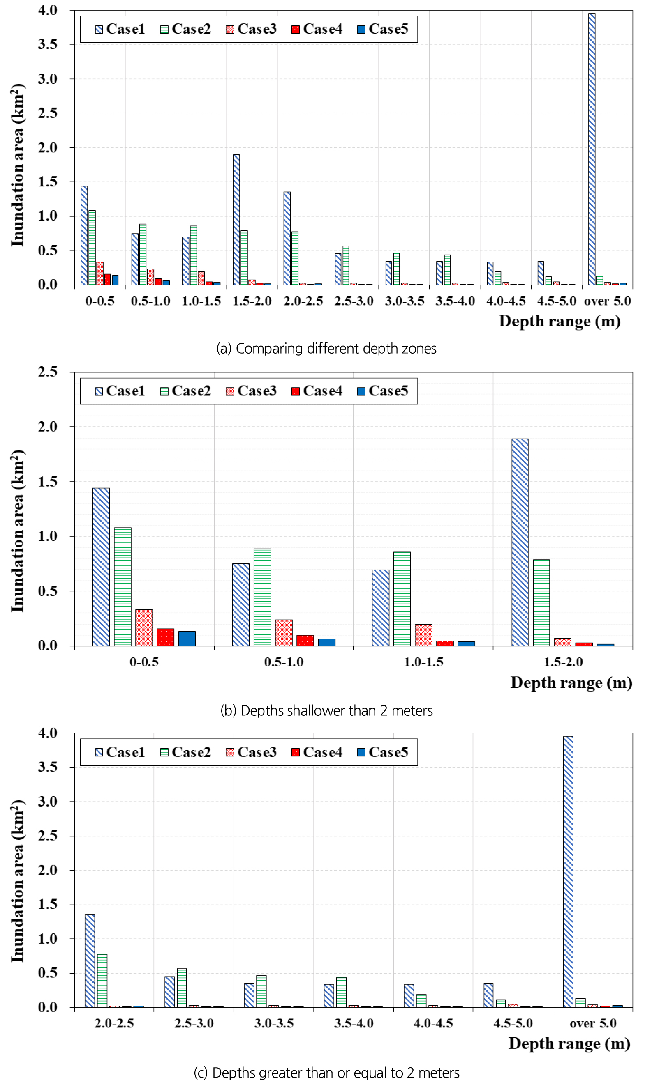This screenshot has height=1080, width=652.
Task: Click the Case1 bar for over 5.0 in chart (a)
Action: pyautogui.click(x=592, y=149)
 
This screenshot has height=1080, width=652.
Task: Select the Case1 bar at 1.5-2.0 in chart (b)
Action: pyautogui.click(x=520, y=542)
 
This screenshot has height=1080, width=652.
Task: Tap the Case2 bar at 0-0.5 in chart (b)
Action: pyautogui.click(x=123, y=586)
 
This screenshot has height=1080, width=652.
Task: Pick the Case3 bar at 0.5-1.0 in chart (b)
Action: pyautogui.click(x=283, y=632)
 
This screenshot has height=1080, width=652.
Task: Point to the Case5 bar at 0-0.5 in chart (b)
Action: pyautogui.click(x=187, y=638)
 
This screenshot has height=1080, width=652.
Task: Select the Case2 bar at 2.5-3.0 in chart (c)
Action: pyautogui.click(x=182, y=988)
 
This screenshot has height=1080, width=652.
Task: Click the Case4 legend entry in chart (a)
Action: pyautogui.click(x=317, y=29)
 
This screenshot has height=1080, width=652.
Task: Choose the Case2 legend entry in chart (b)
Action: pyautogui.click(x=185, y=391)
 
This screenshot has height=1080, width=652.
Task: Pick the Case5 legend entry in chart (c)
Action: pyautogui.click(x=383, y=752)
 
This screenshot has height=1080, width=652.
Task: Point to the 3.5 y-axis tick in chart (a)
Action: pyautogui.click(x=47, y=44)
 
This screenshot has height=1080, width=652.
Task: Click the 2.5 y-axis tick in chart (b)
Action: pyautogui.click(x=47, y=372)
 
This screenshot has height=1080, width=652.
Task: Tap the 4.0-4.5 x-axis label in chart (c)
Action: pyautogui.click(x=433, y=1023)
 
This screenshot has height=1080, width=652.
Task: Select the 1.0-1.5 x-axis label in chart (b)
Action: pyautogui.click(x=423, y=662)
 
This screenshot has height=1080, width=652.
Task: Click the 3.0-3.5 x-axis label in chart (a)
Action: pyautogui.click(x=404, y=301)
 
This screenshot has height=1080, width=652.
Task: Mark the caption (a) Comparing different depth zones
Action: pyautogui.click(x=326, y=349)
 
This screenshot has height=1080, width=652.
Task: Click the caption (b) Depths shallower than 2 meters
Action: pyautogui.click(x=326, y=710)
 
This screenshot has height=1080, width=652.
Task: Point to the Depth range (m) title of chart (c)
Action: pyautogui.click(x=569, y=1043)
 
